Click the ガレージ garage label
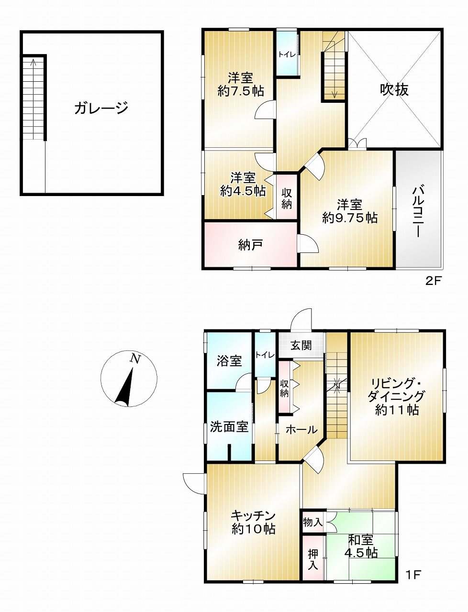click(101, 108)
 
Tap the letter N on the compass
click(135, 359)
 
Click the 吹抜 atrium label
click(394, 90)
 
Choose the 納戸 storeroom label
click(250, 245)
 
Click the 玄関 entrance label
click(301, 346)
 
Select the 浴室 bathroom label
click(229, 361)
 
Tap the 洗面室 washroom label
click(229, 426)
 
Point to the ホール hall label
click(301, 430)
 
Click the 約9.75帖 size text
click(350, 218)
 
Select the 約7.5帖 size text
click(241, 91)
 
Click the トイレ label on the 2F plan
click(287, 55)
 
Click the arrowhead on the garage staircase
click(33, 61)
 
